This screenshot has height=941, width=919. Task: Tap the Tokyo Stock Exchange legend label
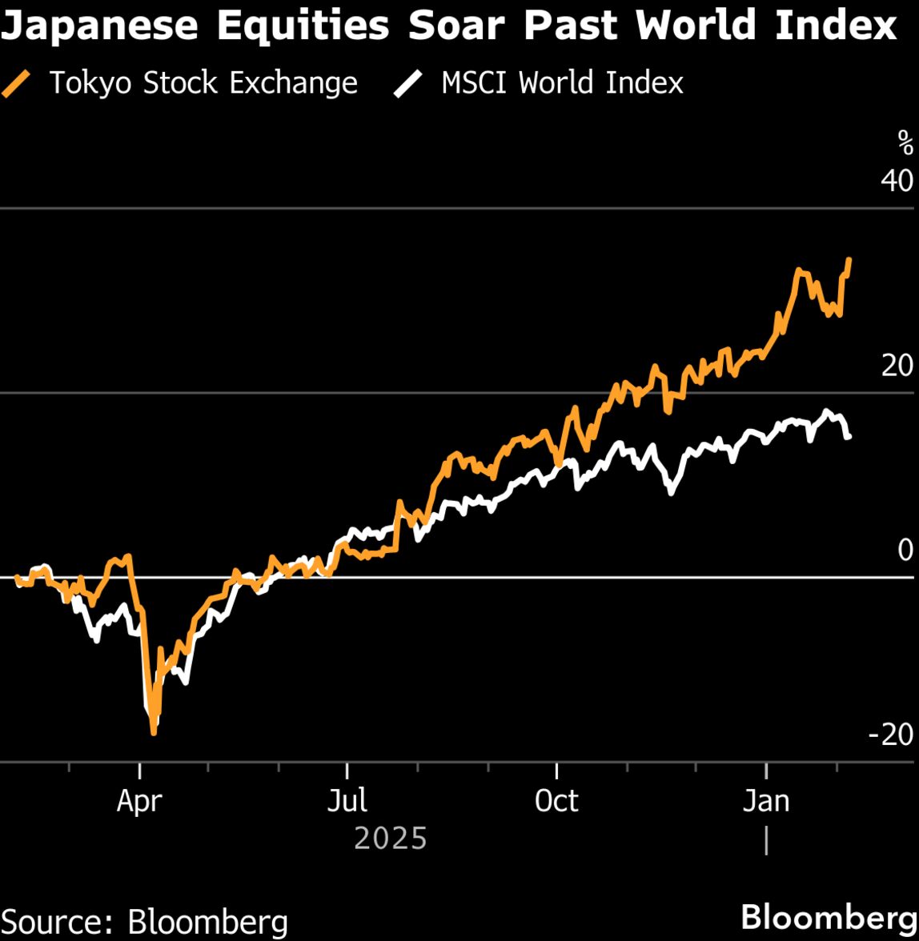pos(203,83)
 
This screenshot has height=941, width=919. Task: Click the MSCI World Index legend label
pos(562,83)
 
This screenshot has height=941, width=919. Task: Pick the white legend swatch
pos(409,83)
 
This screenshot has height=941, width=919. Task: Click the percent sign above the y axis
pos(905,144)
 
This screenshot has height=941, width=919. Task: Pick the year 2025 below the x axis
pos(390,839)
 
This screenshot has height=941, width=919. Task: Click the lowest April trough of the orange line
pos(154,731)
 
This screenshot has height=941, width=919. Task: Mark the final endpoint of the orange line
pos(849,259)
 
